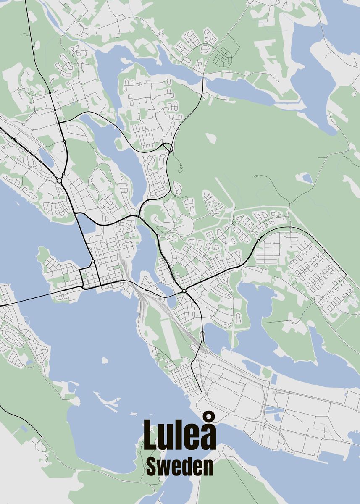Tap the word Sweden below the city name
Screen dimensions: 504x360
tap(180, 467)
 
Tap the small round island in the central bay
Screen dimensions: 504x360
tap(104, 360)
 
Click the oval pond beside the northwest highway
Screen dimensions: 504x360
tap(46, 157)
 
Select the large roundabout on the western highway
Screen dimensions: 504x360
tap(59, 181)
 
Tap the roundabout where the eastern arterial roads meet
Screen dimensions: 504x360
tap(184, 291)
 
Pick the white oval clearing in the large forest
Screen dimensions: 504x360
tap(211, 138)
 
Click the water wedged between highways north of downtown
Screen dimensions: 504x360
tap(85, 223)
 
